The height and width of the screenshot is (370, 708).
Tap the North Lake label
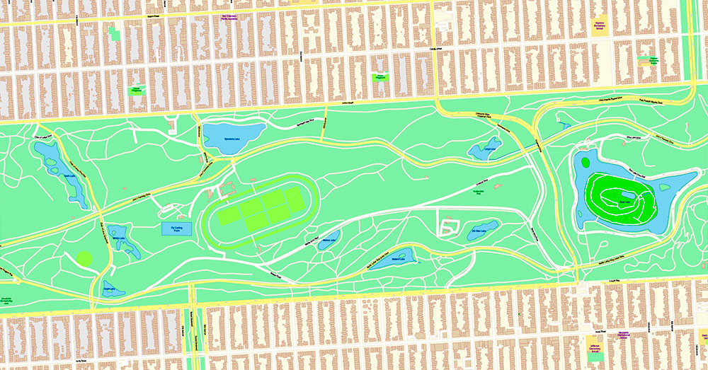click(x=68, y=176)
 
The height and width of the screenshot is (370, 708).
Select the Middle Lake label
click(x=118, y=238)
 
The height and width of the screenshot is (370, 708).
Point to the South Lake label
click(x=108, y=289)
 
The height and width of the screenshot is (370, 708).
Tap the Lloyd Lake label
click(x=489, y=149)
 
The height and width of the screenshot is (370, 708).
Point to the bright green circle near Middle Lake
click(x=85, y=258)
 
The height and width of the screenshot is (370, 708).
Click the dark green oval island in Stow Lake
click(x=586, y=161)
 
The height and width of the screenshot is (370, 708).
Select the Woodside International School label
click(x=623, y=335)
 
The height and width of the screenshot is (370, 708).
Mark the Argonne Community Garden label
click(x=649, y=61)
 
